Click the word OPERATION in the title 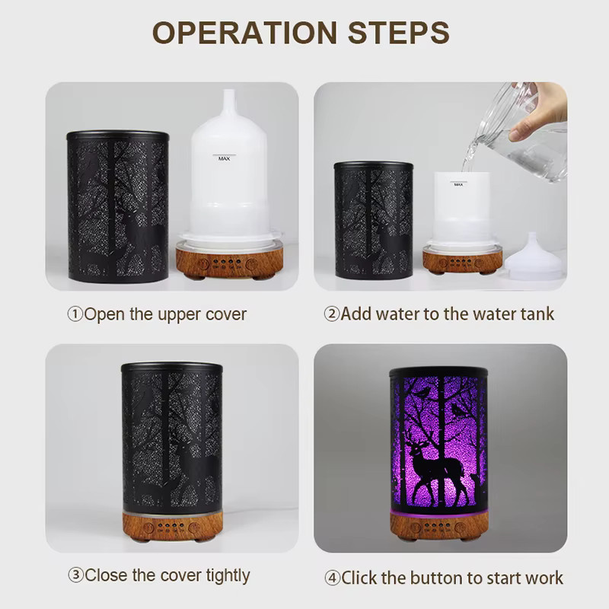click(244, 32)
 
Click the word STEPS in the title click(399, 32)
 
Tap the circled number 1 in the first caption click(75, 314)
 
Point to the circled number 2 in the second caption click(332, 314)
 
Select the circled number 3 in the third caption click(75, 576)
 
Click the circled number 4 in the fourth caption click(333, 579)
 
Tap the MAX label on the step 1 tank click(224, 158)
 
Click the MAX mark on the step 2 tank click(458, 184)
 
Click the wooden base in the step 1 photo click(230, 260)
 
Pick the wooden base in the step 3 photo click(173, 526)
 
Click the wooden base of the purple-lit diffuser click(439, 526)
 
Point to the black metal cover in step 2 click(373, 220)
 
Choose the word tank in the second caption click(537, 314)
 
